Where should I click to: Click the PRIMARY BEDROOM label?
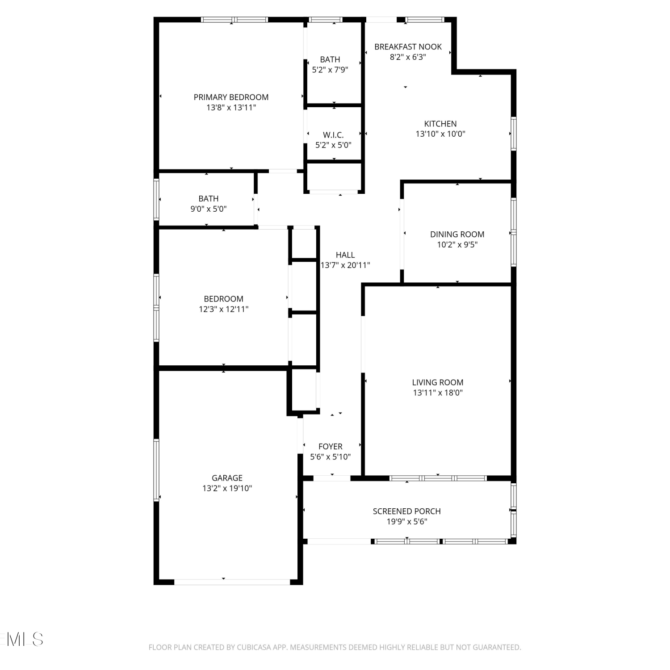pos(231,97)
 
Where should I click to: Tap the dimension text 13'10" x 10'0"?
pos(440,134)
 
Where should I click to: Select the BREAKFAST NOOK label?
pos(408,46)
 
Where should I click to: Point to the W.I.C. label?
pos(333,135)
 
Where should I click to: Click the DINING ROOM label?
pos(457,234)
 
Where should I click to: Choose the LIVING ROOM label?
pos(438,382)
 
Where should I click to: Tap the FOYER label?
pos(331,446)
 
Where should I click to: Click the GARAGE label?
pos(227,478)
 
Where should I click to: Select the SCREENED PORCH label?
pos(407,511)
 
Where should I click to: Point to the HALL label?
pos(345,255)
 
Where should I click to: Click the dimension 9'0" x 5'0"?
pos(209,209)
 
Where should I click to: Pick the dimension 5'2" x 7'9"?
pos(330,70)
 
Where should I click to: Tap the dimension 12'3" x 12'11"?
pos(223,309)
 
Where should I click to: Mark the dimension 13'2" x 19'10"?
pos(227,488)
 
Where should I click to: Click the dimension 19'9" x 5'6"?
pos(407,521)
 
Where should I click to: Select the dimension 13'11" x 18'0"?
pos(438,393)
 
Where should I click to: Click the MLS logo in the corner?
pos(22,639)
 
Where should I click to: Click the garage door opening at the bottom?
pos(232,582)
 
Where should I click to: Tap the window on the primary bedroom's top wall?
pos(234,20)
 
